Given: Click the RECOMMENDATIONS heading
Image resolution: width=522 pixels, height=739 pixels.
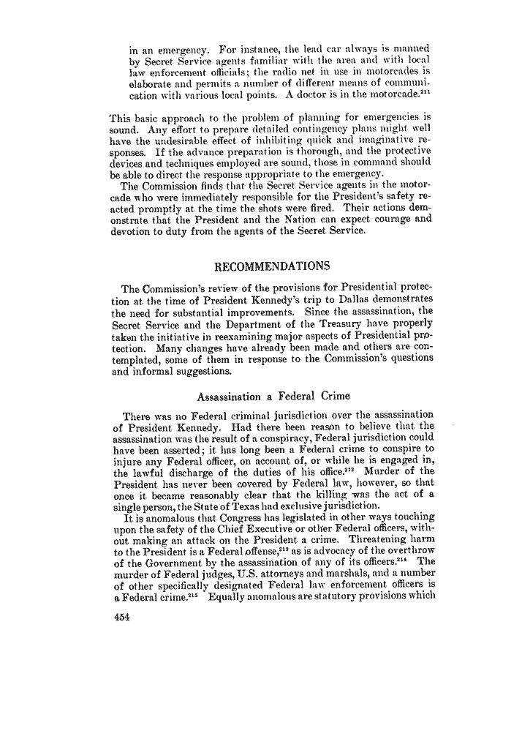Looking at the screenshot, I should pyautogui.click(x=269, y=265).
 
